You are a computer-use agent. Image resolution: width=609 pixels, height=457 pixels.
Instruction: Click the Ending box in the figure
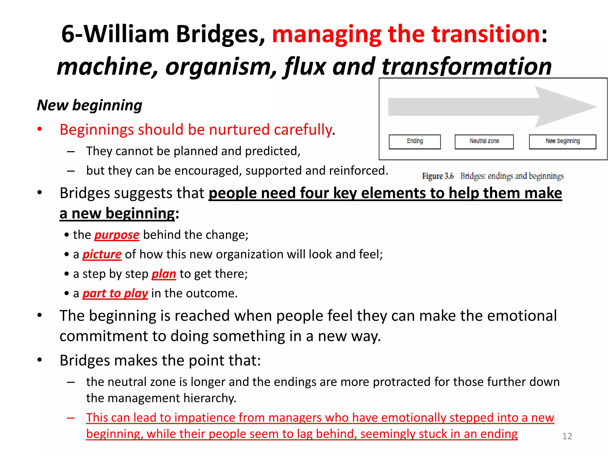(x=415, y=142)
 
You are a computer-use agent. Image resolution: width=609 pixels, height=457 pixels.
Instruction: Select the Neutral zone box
(x=484, y=142)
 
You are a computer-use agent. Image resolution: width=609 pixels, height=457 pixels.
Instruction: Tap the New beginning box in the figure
(x=562, y=142)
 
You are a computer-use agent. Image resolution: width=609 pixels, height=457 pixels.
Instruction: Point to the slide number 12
(x=567, y=436)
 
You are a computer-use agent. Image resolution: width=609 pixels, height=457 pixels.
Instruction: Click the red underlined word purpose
(x=117, y=235)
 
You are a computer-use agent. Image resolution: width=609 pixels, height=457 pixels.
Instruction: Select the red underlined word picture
(x=102, y=255)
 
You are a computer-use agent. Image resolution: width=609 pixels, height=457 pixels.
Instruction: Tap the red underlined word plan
(x=164, y=274)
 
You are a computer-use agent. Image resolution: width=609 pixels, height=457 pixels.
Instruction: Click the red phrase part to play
(x=115, y=294)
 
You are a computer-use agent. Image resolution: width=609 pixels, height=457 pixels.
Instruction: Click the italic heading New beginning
(x=90, y=105)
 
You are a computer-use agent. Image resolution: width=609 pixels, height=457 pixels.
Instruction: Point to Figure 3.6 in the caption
(x=437, y=176)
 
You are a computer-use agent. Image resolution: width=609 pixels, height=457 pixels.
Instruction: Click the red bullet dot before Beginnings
(x=40, y=129)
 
